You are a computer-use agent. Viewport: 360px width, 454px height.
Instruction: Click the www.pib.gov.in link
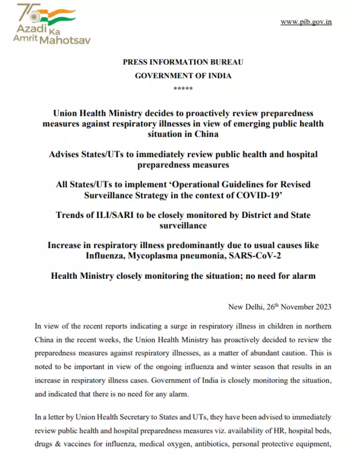click(x=306, y=22)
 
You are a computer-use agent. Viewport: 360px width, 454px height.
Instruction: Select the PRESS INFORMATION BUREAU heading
click(x=183, y=62)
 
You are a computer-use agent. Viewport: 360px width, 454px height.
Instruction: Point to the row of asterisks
click(x=183, y=88)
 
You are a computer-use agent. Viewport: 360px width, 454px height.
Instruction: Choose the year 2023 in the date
click(x=322, y=307)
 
